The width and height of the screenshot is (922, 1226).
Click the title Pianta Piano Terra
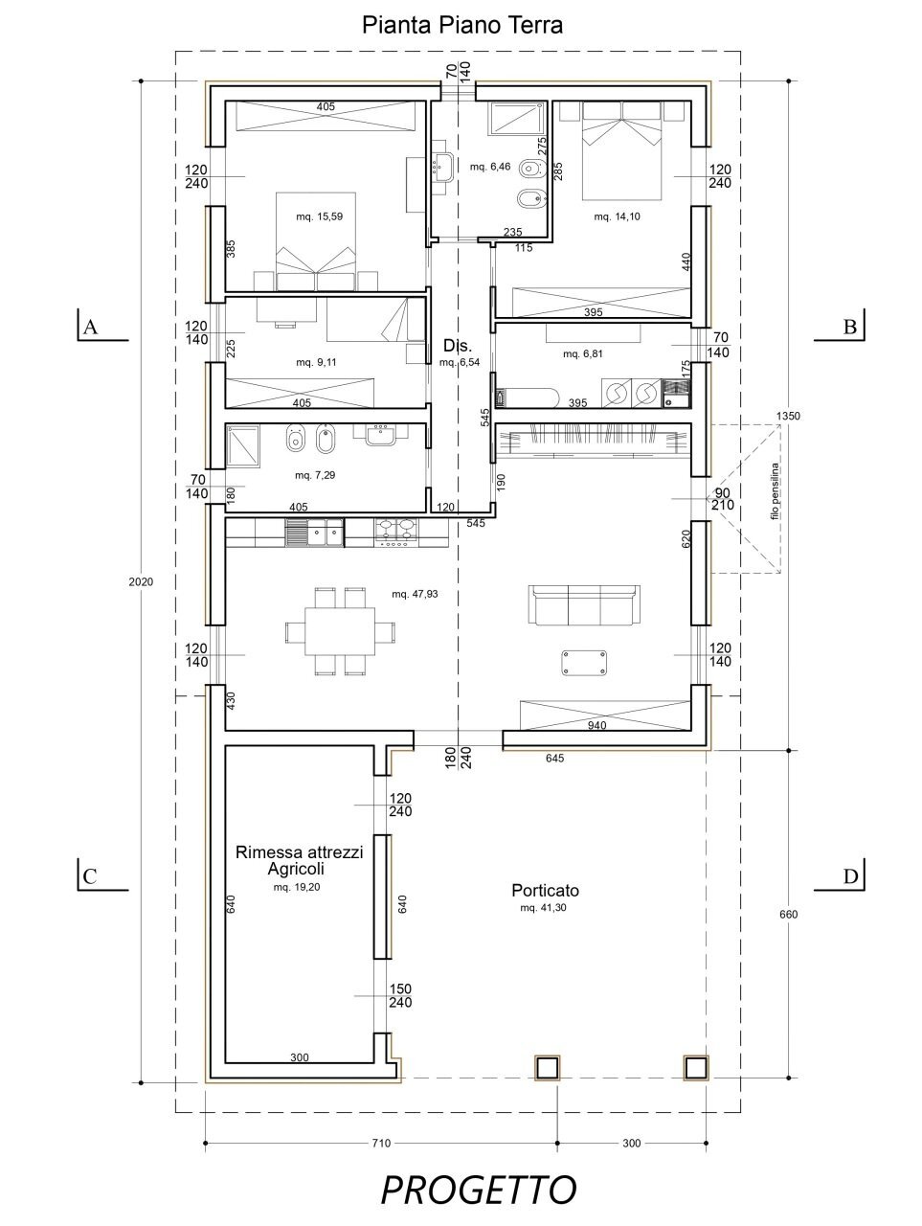tap(461, 26)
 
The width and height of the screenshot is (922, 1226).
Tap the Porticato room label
tap(544, 890)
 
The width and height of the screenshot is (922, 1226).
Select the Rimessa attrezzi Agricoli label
tap(298, 860)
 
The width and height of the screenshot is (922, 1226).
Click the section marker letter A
tap(90, 327)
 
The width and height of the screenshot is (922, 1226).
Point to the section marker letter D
tap(850, 876)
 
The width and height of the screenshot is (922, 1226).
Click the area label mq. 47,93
tap(416, 594)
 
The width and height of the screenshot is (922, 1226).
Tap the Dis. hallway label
tap(454, 345)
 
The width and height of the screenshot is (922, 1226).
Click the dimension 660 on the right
tap(788, 914)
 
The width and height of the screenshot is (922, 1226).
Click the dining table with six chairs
tap(341, 631)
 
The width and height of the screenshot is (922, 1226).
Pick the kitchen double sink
tap(315, 531)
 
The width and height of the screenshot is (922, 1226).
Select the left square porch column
tap(547, 1067)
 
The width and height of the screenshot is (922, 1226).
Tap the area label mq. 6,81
tap(583, 353)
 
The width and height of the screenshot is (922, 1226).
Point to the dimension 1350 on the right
tap(788, 417)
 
